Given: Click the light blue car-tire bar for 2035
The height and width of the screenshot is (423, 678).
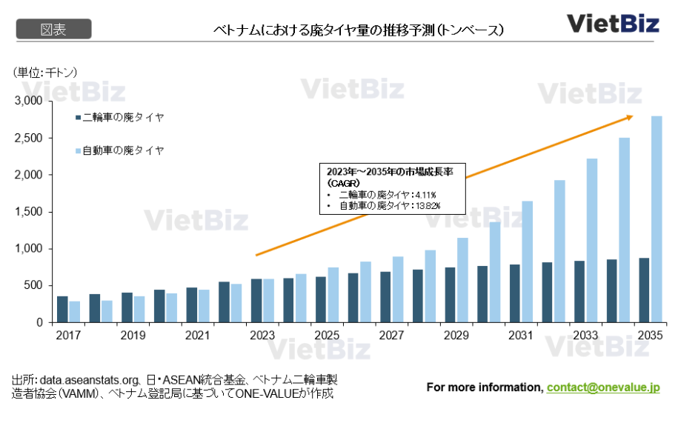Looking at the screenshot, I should coord(657,219).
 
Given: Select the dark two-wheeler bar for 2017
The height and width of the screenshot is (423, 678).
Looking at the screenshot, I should coord(62,309).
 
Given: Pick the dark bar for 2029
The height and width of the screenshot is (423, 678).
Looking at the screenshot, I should coord(450,295).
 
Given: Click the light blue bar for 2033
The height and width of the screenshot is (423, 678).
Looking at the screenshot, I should coord(591,240).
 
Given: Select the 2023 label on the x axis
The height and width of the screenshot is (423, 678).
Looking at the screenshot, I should coord(262,336).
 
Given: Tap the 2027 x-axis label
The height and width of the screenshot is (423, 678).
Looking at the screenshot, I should coord(392,336).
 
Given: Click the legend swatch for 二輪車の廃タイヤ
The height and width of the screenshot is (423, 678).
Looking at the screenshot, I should coord(77,117).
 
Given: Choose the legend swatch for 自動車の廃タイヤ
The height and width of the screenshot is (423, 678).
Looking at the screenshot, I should coord(77,150).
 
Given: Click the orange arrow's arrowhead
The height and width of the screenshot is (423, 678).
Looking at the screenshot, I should coord(629,116).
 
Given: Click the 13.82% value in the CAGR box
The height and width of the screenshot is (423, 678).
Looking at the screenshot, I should coord(426,205).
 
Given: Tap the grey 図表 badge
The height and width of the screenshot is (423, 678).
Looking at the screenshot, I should coord(53,30).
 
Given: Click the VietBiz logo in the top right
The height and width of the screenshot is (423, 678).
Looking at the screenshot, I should coord(613,24).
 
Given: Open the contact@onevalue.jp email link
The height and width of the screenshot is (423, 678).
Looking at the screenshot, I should coord(602,387).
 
